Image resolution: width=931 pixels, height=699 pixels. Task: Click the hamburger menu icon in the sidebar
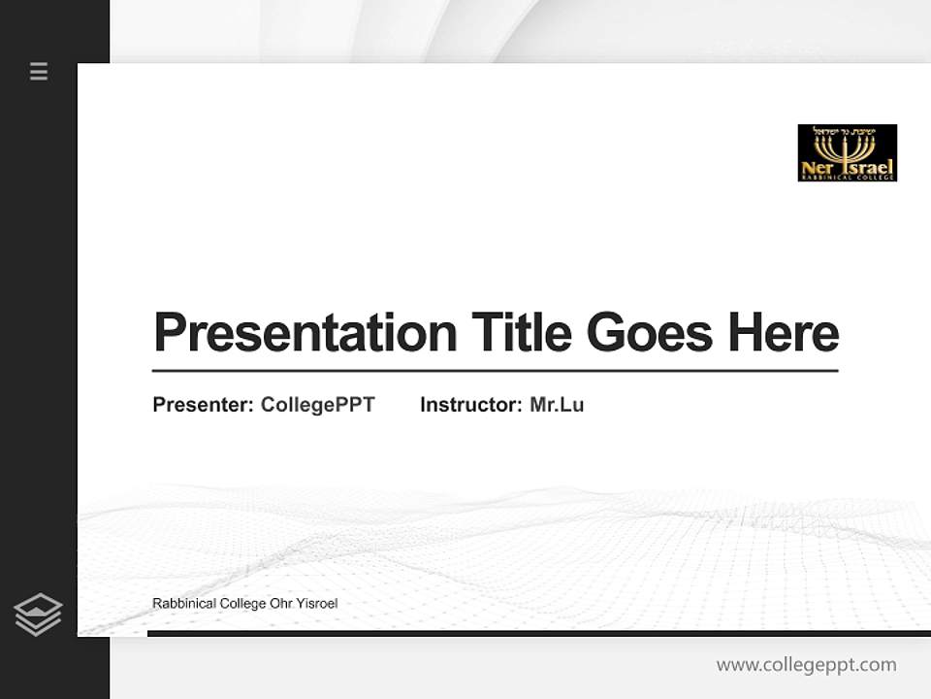click(x=39, y=71)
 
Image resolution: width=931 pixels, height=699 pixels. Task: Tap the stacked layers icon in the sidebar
click(x=38, y=615)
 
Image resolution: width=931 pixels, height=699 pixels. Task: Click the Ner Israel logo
click(x=847, y=152)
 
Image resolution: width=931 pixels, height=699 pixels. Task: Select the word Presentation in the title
click(x=305, y=333)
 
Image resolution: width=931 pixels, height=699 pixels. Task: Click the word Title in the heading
click(x=521, y=332)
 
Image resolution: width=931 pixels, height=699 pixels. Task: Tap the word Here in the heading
click(x=784, y=332)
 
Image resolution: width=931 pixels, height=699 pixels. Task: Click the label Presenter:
click(x=204, y=405)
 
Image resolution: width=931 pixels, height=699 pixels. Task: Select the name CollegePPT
click(x=318, y=405)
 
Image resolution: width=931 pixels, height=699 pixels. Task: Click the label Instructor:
click(x=471, y=405)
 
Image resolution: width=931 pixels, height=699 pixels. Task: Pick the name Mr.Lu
click(x=557, y=405)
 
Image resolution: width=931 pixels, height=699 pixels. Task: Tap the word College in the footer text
click(x=242, y=604)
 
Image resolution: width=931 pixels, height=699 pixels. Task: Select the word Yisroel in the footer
click(x=317, y=604)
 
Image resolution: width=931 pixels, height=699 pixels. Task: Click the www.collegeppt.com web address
click(x=806, y=665)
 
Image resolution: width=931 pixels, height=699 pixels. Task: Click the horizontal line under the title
click(x=495, y=371)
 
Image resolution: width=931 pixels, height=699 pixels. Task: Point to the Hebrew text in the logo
click(x=845, y=130)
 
